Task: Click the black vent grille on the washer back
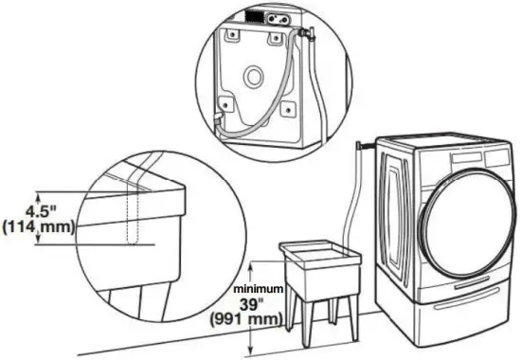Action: point(254,16)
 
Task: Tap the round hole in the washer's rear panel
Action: point(254,75)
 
